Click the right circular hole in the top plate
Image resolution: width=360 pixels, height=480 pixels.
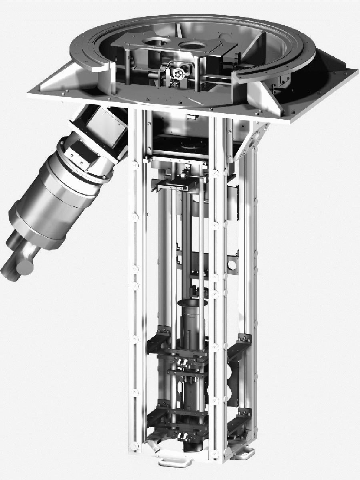[190, 45]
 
